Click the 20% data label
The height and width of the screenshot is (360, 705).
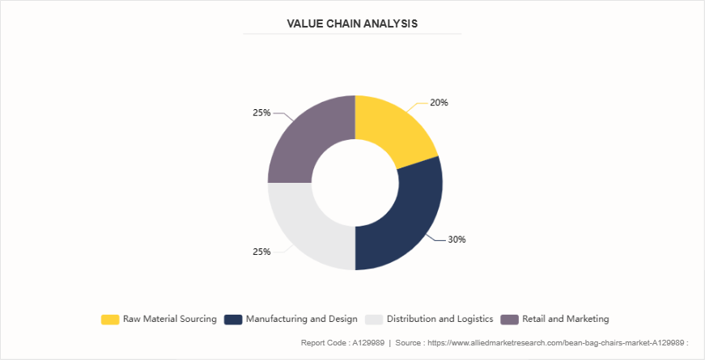tap(439, 103)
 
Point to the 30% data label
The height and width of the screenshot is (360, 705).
tap(457, 239)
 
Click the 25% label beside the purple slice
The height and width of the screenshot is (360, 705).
tap(261, 112)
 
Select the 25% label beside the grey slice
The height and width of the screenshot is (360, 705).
tap(261, 252)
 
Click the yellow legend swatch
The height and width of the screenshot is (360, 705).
tap(110, 319)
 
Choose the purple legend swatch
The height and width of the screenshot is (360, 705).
tap(510, 319)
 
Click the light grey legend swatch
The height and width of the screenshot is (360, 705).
tap(374, 319)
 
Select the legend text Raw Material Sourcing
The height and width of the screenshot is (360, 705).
tap(169, 319)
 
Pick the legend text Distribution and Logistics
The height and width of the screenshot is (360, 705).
tap(440, 319)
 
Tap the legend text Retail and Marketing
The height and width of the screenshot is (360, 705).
tap(566, 319)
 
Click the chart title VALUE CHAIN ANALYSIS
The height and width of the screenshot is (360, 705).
tap(352, 23)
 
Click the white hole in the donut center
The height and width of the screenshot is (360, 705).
tap(355, 182)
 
